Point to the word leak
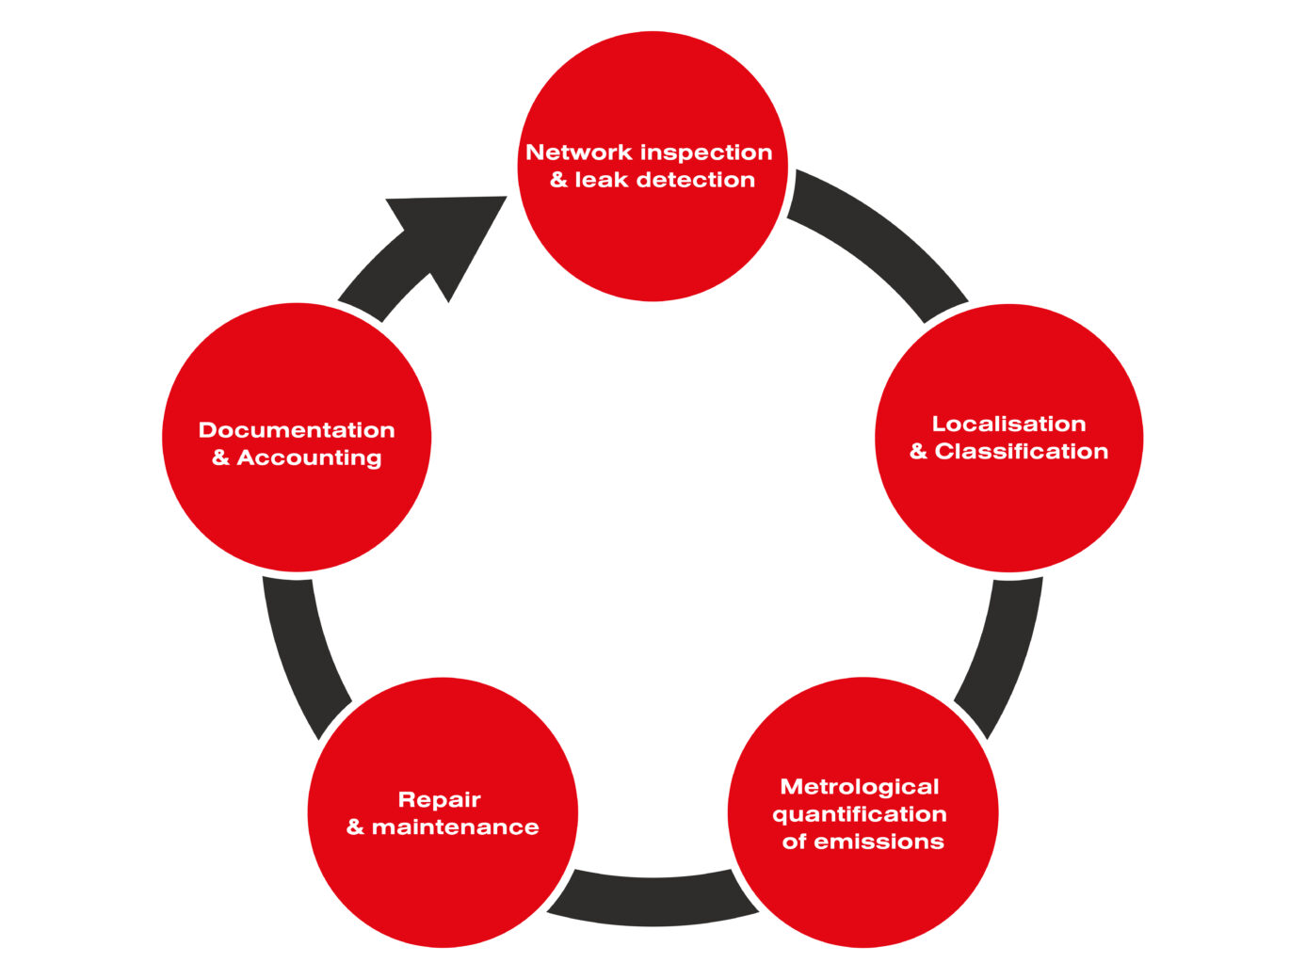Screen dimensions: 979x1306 click(602, 180)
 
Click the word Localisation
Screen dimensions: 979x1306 click(1008, 424)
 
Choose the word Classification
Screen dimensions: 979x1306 click(1021, 452)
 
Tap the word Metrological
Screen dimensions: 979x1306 click(860, 787)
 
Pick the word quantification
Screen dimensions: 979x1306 click(860, 814)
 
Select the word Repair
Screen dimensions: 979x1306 click(439, 800)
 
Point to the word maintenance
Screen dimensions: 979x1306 click(455, 827)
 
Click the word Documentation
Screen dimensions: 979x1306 click(297, 430)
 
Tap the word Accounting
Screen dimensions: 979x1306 click(309, 458)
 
